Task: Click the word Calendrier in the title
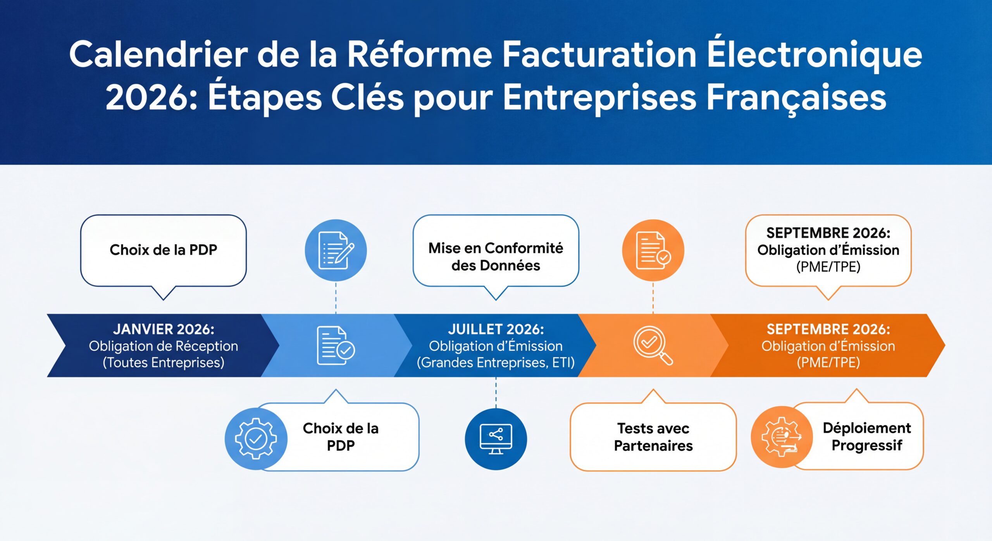pos(158,55)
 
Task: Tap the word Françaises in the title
pos(796,98)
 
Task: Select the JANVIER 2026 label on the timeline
pos(164,329)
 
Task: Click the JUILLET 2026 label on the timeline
pos(496,329)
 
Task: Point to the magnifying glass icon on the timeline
pos(653,346)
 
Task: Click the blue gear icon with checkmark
pos(256,439)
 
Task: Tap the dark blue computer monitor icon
pos(496,439)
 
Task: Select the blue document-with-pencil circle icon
pos(336,250)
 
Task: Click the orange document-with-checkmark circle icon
pos(653,250)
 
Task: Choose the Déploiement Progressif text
pos(867,437)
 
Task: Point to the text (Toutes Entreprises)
pos(164,363)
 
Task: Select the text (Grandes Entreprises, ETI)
pos(496,363)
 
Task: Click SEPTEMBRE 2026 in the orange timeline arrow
pos(828,329)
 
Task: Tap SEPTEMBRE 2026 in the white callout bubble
pos(828,233)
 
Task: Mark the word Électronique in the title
pos(815,55)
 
